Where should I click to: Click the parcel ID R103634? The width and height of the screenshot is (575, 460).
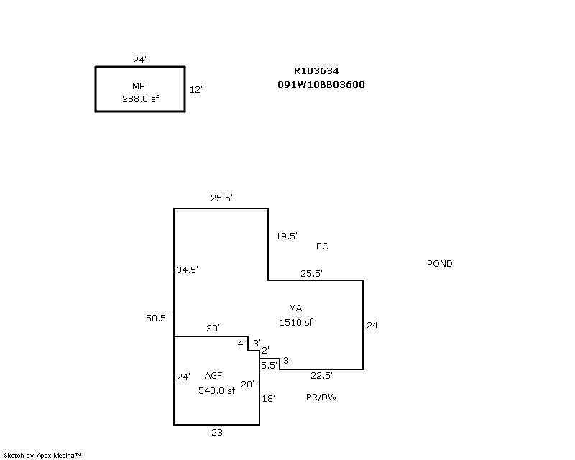click(x=316, y=71)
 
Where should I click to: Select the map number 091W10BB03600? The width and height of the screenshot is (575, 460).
click(x=321, y=84)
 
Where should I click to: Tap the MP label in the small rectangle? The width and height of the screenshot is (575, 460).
click(x=139, y=86)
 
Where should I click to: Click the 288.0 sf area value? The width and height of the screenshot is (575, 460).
click(x=140, y=99)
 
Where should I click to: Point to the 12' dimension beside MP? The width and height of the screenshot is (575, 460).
click(x=195, y=90)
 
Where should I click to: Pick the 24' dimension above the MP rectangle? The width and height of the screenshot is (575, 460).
click(x=140, y=60)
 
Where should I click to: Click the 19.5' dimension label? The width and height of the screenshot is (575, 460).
click(x=287, y=236)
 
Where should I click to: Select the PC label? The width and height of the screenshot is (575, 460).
click(x=322, y=247)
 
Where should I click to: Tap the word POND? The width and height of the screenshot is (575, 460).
click(x=440, y=264)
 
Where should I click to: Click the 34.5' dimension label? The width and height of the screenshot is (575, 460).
click(x=187, y=270)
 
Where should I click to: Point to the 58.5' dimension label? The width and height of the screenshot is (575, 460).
click(x=157, y=318)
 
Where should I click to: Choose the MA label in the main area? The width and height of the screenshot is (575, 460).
click(x=295, y=308)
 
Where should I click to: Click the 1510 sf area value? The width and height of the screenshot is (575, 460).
click(x=296, y=323)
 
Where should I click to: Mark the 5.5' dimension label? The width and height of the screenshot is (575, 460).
click(x=269, y=365)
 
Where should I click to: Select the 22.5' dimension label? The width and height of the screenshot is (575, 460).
click(x=321, y=376)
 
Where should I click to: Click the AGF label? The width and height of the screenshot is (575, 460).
click(x=213, y=376)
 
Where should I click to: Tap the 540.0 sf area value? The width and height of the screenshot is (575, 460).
click(x=216, y=391)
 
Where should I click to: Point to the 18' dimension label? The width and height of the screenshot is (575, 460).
click(x=269, y=397)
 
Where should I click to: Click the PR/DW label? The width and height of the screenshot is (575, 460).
click(x=321, y=397)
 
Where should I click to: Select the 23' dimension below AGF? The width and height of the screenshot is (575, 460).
click(x=218, y=432)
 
